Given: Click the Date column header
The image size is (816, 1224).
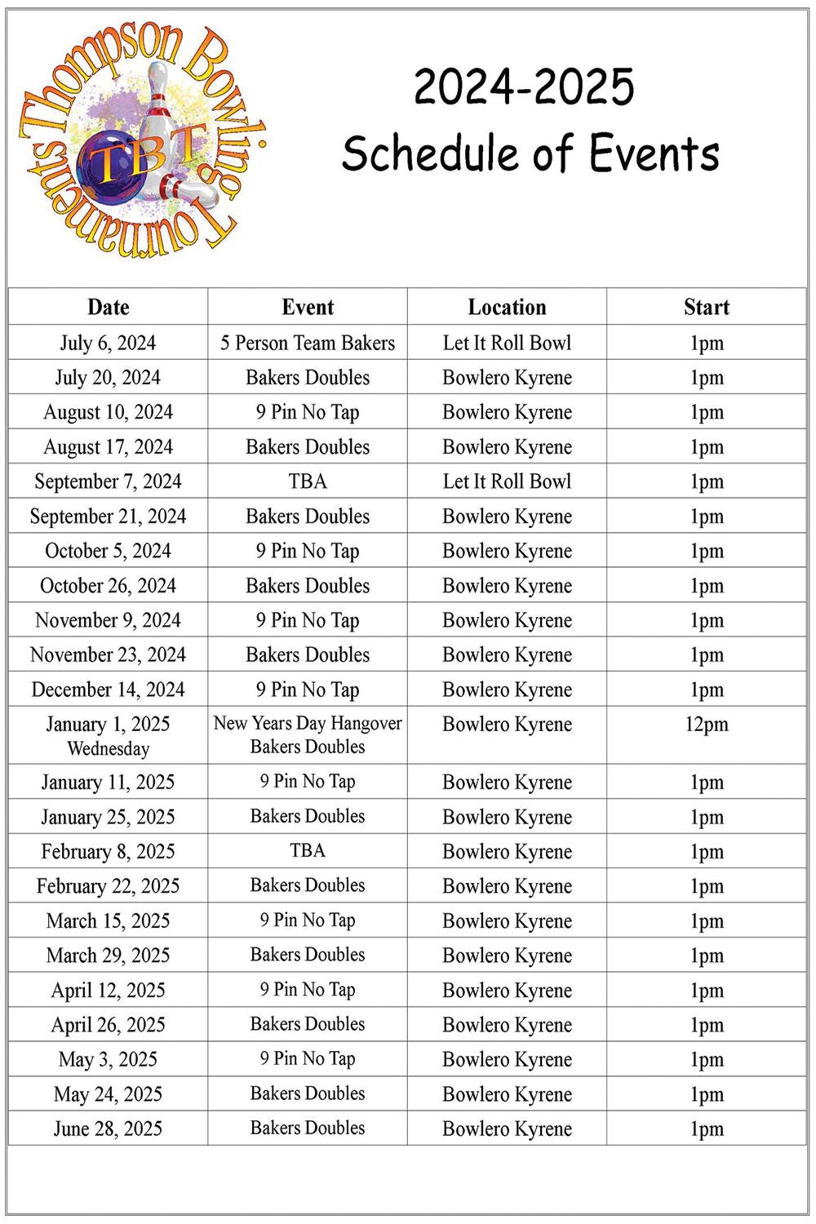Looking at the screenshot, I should tap(108, 307).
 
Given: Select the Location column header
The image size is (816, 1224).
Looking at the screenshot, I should tap(507, 307).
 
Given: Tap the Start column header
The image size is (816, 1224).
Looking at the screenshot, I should tap(706, 307).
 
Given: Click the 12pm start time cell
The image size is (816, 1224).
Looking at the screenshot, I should tap(706, 725).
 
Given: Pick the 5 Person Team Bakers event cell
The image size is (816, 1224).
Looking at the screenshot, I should tap(308, 343).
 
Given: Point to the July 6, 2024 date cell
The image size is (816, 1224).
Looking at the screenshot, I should tap(108, 343).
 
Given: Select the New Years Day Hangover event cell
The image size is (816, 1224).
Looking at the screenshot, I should tap(308, 734).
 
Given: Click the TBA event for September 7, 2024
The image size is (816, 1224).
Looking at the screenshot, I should tap(308, 481).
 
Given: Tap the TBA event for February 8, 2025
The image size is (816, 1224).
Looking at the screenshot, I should tap(308, 851).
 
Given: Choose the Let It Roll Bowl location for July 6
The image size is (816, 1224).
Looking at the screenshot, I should tap(507, 343).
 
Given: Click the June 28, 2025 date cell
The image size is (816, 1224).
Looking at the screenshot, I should tap(108, 1129).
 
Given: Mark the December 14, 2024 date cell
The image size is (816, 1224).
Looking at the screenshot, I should tap(108, 690).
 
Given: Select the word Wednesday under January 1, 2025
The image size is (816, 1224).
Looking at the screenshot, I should tap(108, 748).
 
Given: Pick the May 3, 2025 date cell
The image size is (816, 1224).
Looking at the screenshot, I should tap(108, 1059).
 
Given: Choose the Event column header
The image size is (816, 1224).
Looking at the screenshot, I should tap(308, 307).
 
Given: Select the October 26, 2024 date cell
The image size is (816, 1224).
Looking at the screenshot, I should tap(108, 586).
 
